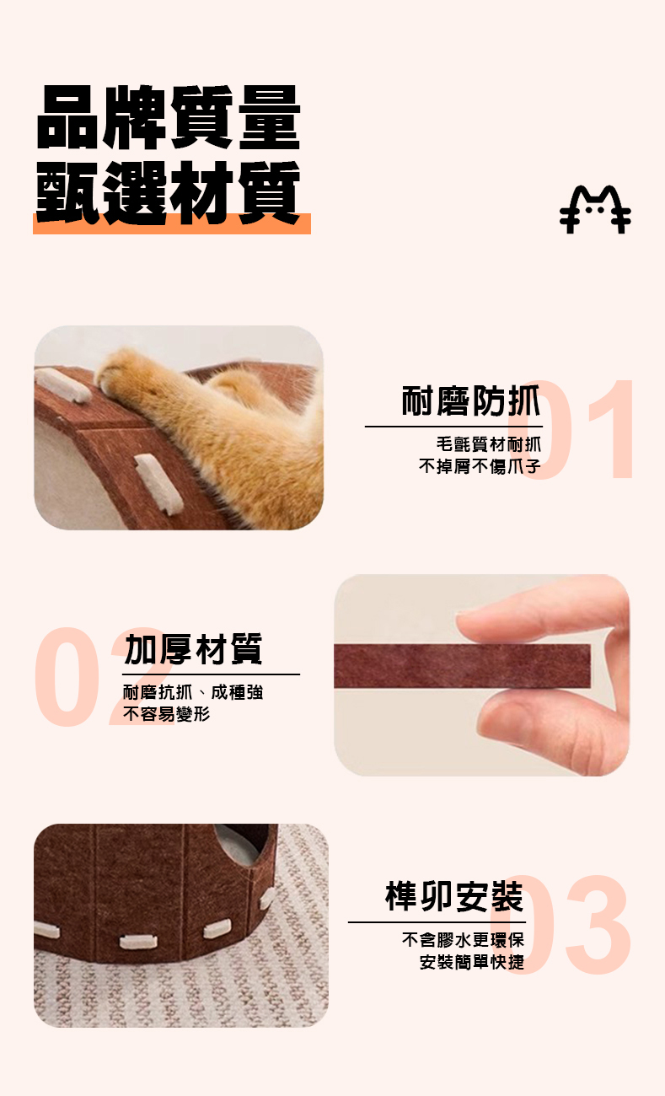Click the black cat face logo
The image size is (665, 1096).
point(595,209)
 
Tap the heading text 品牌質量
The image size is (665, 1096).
point(169,117)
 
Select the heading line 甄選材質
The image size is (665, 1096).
point(169,192)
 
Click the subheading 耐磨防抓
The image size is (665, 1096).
point(471,400)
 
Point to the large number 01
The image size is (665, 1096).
point(571,429)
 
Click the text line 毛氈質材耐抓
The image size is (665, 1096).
point(489,444)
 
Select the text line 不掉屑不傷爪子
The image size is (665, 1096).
point(480,466)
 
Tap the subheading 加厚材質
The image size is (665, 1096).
point(194,649)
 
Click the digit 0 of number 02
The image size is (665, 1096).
point(67,677)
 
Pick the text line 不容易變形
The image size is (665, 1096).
point(166,714)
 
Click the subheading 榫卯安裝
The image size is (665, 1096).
point(454,896)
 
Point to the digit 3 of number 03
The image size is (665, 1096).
point(598,925)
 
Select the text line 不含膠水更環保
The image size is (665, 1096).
point(463,940)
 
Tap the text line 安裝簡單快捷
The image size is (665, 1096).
point(472,962)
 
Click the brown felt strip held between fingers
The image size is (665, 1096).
point(463,665)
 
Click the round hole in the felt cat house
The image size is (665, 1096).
point(241,842)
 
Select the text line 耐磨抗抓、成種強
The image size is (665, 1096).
point(193,692)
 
